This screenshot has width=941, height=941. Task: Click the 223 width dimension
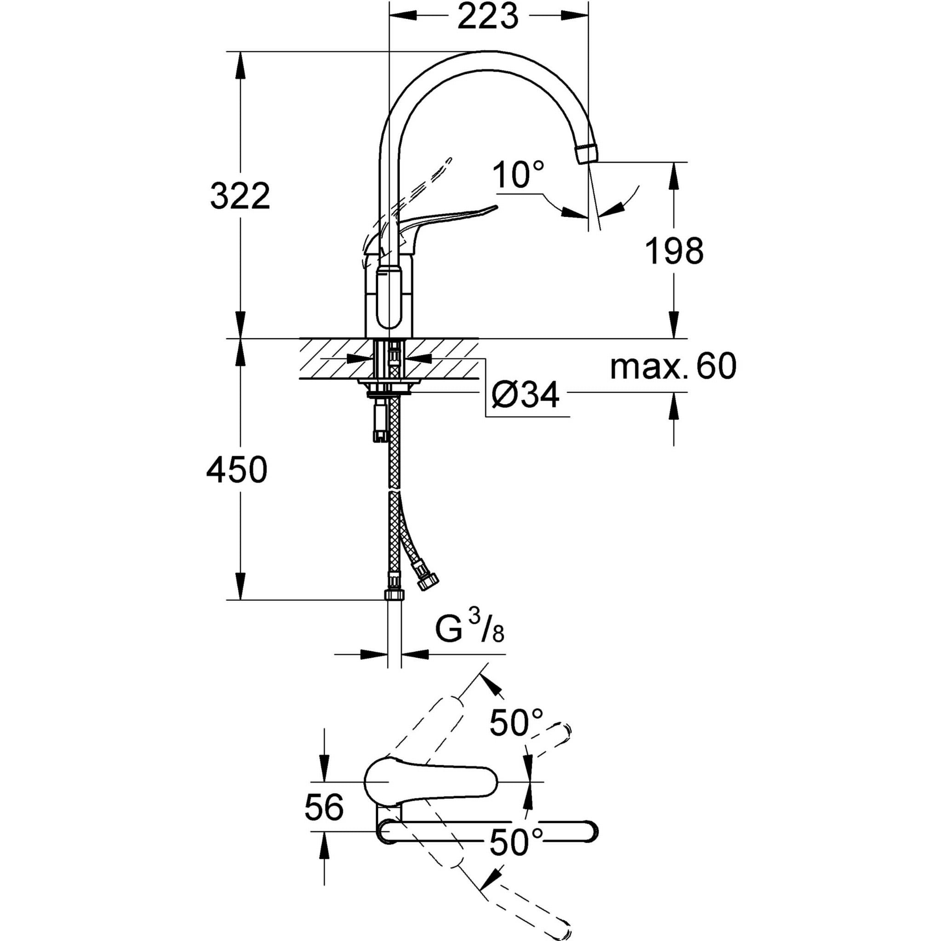coord(488,17)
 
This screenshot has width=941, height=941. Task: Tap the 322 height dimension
coord(240,196)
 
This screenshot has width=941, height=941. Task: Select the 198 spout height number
coord(674,251)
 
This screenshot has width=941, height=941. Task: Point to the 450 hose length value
coord(237,470)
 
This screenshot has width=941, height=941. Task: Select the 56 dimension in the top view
coord(324,806)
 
